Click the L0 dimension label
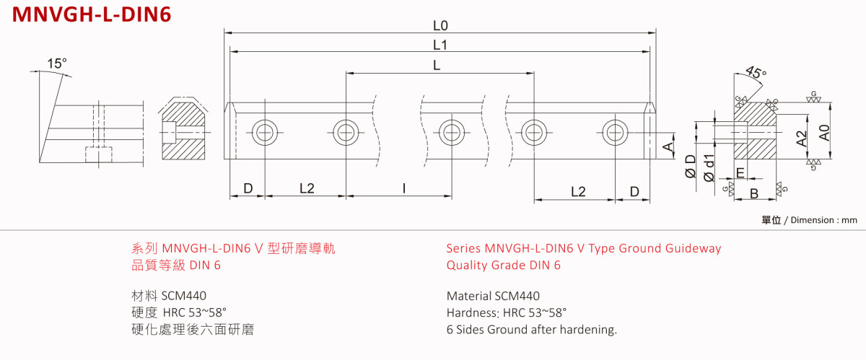pyautogui.click(x=440, y=25)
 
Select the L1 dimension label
pyautogui.click(x=440, y=45)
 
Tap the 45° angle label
pyautogui.click(x=756, y=74)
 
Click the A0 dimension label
pyautogui.click(x=825, y=132)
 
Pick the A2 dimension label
pyautogui.click(x=802, y=139)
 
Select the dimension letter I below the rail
pyautogui.click(x=404, y=189)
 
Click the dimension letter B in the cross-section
pyautogui.click(x=753, y=193)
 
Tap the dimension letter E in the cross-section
pyautogui.click(x=740, y=172)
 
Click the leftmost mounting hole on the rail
pyautogui.click(x=263, y=131)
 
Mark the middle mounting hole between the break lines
pyautogui.click(x=452, y=131)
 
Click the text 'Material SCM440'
pyautogui.click(x=493, y=296)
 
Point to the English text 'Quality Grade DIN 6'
pyautogui.click(x=504, y=265)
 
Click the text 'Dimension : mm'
pyautogui.click(x=823, y=220)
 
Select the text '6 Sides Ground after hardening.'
pyautogui.click(x=532, y=330)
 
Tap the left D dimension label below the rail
pyautogui.click(x=248, y=189)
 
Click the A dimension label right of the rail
pyautogui.click(x=668, y=147)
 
